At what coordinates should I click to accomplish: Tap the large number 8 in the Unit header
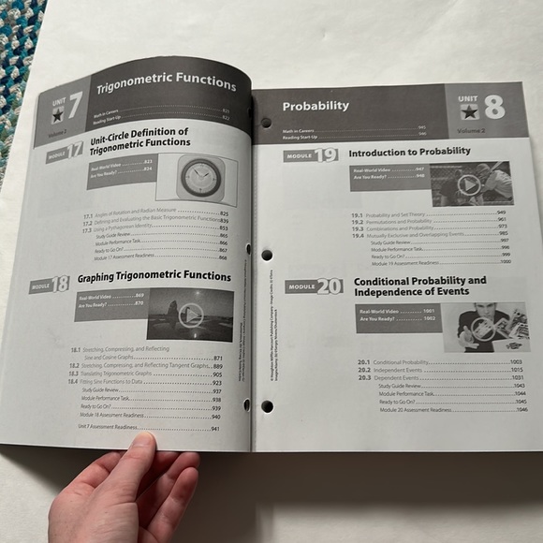[493, 107]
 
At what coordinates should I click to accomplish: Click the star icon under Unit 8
[467, 113]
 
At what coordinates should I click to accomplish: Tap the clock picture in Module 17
[198, 176]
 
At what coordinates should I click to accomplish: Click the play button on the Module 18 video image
[190, 315]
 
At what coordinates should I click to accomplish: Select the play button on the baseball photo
[469, 185]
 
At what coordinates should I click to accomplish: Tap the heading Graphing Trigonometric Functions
[154, 277]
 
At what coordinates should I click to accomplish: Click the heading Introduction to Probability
[409, 152]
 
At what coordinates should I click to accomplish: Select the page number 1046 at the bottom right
[521, 410]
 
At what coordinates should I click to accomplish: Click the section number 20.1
[364, 361]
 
